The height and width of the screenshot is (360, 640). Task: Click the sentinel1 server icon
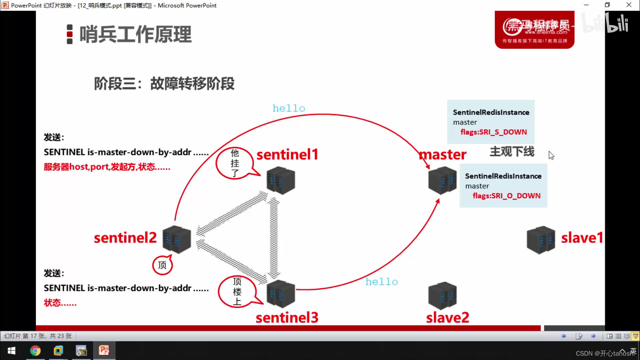tap(281, 181)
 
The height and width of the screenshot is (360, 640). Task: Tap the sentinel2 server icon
tap(177, 239)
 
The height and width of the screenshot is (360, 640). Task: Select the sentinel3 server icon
tap(281, 294)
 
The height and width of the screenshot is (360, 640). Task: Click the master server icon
tap(442, 181)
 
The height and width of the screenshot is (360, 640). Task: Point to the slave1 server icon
tap(541, 240)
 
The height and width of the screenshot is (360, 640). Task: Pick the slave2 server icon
tap(442, 296)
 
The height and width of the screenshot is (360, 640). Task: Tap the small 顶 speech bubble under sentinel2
tap(162, 265)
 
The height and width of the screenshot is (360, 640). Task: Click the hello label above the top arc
tap(289, 108)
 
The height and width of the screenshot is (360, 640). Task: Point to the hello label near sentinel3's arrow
tap(382, 282)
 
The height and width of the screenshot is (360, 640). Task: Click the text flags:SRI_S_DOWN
tap(494, 132)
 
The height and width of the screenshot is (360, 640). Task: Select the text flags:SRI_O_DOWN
tap(506, 196)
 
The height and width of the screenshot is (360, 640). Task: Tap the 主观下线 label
tap(512, 152)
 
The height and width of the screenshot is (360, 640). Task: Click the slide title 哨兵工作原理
tap(135, 34)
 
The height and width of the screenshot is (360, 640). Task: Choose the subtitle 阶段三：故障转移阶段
tap(164, 84)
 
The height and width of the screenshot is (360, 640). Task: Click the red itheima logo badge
tap(534, 30)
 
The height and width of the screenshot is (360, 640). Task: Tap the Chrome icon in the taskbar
tap(35, 351)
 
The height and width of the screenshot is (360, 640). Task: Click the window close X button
tap(629, 5)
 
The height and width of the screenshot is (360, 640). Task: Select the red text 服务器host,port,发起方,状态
tap(107, 167)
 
